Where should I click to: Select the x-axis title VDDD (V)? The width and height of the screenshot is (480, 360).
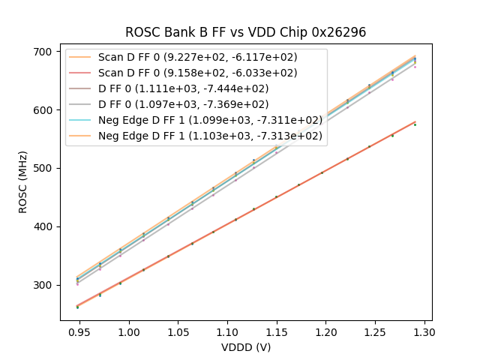point(246,347)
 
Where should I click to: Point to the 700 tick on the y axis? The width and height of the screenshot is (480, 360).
point(42,52)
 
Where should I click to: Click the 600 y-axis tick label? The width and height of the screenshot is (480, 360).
point(42,110)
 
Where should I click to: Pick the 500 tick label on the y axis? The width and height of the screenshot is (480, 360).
point(42,169)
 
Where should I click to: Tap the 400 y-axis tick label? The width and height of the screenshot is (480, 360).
point(42,226)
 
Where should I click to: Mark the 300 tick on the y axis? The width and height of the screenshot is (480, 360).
point(42,285)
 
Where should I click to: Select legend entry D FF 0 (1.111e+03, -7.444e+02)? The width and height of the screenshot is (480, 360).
point(183,88)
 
